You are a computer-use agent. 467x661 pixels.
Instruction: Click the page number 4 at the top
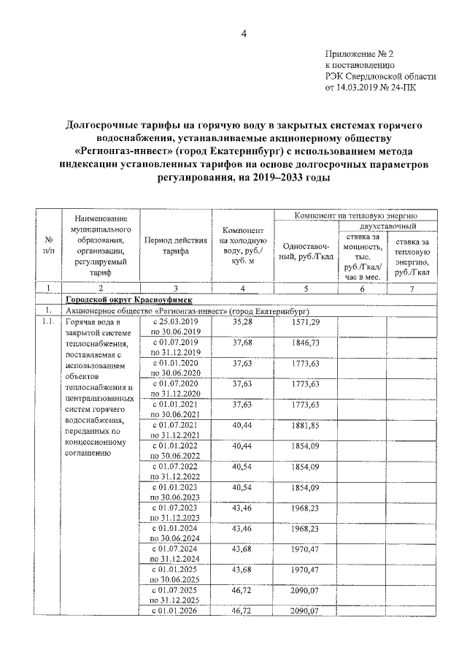[x=244, y=34]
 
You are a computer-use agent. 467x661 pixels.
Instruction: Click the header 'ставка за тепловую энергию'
[x=412, y=256]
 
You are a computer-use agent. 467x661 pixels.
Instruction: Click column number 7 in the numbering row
[x=412, y=289]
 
